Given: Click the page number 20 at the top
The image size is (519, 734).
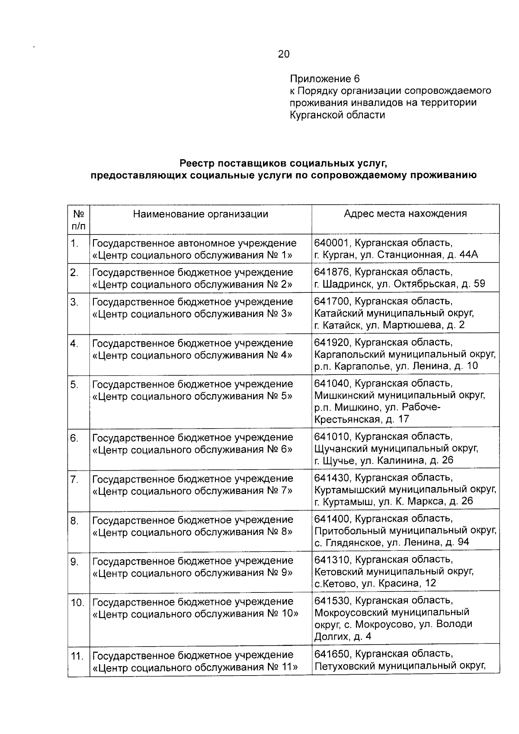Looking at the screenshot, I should click(x=284, y=54).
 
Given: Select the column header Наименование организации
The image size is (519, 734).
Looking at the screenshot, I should click(x=200, y=214).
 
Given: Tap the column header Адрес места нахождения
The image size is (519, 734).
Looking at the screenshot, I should click(x=405, y=214).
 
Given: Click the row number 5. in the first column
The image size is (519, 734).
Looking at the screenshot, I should click(x=74, y=384).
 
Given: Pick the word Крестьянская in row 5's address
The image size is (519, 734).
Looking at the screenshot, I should click(x=345, y=419).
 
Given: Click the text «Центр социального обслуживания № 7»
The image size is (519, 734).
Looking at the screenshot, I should click(x=192, y=491).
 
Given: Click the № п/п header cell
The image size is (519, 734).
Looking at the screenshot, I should click(x=78, y=219).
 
